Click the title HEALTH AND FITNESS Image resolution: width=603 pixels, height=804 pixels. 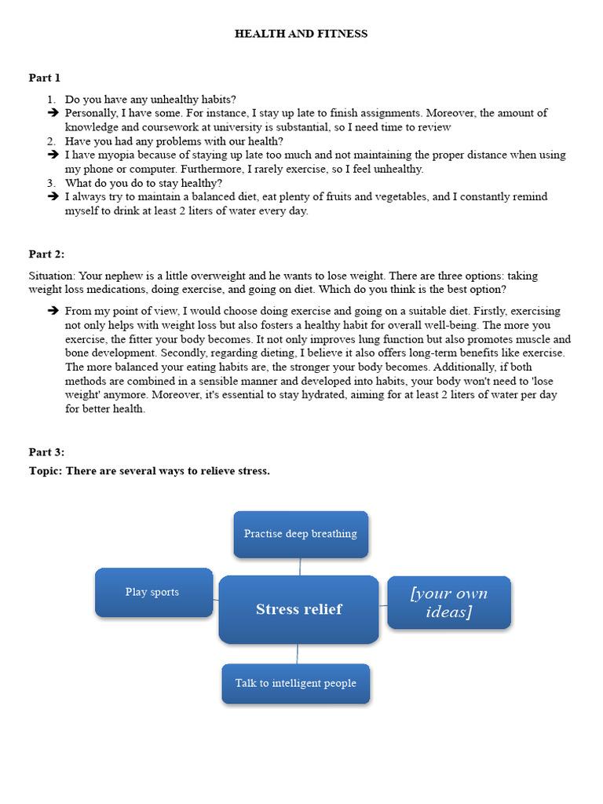(301, 34)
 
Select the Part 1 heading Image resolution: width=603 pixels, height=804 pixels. (45, 78)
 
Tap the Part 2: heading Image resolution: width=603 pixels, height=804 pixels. (46, 254)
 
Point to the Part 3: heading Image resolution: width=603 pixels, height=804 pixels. (46, 452)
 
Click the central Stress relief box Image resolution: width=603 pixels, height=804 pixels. (299, 609)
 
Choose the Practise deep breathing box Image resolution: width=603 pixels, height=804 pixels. (301, 534)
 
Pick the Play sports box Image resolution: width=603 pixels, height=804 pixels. (152, 592)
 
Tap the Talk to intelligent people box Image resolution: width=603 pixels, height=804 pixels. (296, 683)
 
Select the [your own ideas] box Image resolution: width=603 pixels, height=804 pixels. (448, 602)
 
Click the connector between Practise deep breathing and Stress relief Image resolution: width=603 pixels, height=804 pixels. (300, 567)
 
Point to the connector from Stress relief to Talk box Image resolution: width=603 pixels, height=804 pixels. (298, 653)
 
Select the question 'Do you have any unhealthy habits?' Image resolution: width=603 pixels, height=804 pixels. (150, 99)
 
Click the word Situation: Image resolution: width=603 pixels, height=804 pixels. (53, 276)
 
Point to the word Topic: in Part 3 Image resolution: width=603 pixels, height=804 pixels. (45, 471)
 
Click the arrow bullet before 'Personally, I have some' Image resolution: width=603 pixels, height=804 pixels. (53, 113)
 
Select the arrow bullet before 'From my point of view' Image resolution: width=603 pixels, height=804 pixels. (53, 311)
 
